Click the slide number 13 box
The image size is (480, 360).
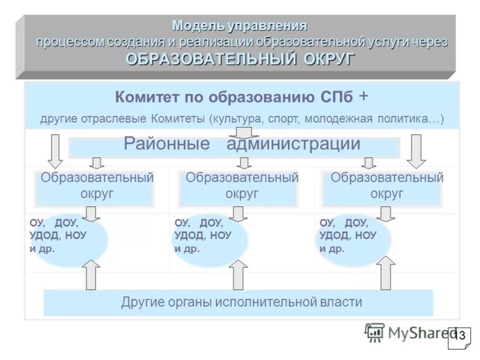tap(460, 336)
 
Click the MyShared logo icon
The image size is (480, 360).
tap(374, 332)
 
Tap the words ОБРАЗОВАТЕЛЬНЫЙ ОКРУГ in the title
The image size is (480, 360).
tap(240, 59)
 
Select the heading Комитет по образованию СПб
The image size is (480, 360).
tap(235, 97)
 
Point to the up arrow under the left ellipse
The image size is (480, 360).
tap(92, 275)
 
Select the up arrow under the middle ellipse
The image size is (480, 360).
tap(239, 275)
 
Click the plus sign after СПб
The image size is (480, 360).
tap(364, 96)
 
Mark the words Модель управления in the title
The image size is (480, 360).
tap(239, 26)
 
